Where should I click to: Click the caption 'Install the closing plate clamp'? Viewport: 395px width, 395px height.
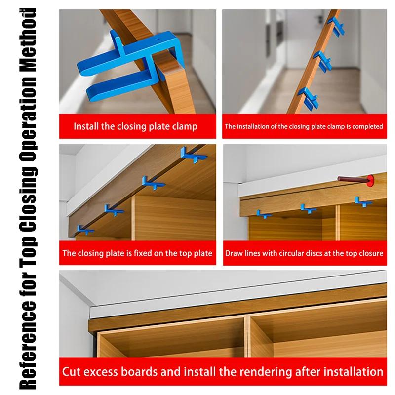point(135,126)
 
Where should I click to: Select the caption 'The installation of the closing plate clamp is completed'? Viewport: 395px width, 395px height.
point(304,126)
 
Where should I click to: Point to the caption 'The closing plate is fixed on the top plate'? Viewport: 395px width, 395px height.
point(137,253)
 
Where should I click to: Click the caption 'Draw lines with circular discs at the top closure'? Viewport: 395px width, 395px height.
point(304,253)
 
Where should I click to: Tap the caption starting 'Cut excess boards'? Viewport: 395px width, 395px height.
point(223,371)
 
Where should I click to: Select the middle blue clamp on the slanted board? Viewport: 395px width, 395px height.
point(322,62)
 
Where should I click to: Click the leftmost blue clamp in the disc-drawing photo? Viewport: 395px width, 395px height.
point(264,214)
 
